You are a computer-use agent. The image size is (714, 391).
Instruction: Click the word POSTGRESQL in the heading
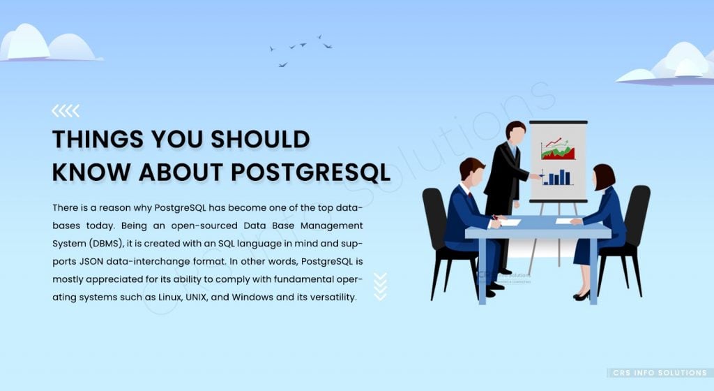[x=310, y=172]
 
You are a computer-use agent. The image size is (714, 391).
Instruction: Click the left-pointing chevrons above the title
[x=66, y=111]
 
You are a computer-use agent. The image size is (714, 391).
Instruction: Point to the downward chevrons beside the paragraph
[x=380, y=287]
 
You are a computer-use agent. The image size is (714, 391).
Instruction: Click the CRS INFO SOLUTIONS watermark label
[x=660, y=373]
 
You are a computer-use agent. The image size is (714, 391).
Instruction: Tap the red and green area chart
[x=558, y=149]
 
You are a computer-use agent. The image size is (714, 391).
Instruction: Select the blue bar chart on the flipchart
[x=557, y=177]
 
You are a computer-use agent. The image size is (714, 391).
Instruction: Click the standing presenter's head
[x=515, y=131]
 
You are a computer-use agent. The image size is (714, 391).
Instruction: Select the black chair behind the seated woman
[x=628, y=237]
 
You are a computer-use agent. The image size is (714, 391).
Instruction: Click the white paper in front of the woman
[x=565, y=221]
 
